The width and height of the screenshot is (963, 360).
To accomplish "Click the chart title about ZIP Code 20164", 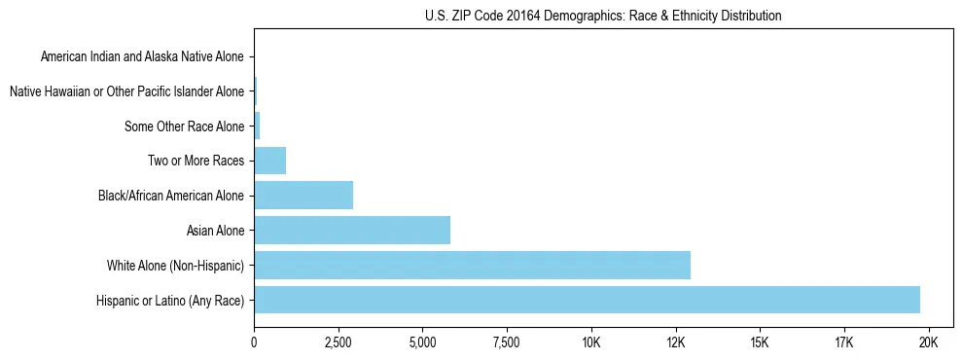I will point(603,16).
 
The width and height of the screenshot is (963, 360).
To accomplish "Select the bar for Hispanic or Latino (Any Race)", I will point(587,300).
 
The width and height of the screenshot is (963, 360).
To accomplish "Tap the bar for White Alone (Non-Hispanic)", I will point(472,265).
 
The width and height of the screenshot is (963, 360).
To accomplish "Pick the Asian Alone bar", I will point(352,230).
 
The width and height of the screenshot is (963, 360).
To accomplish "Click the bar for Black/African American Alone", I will point(303,195).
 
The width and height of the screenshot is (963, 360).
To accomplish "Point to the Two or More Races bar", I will point(269,161).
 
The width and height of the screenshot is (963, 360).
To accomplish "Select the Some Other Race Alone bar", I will point(257,126).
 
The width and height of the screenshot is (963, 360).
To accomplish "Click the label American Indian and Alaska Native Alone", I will point(142,56).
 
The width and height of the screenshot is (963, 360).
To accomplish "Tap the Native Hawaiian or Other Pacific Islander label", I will point(126,91).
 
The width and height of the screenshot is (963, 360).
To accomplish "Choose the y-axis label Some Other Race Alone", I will point(185,126).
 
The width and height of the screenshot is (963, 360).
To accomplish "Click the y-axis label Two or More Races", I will point(196,161).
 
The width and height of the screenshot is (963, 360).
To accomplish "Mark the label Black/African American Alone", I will point(171,196).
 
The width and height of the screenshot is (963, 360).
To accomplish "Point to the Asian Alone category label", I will point(215,231).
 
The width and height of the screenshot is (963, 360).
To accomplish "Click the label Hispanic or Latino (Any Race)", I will point(170,301).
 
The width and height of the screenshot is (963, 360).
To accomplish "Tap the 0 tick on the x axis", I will point(254,342).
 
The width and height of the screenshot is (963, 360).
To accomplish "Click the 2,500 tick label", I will point(338,342).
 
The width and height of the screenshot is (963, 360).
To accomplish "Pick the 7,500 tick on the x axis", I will point(507,342).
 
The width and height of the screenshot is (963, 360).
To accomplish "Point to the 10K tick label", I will point(590,342).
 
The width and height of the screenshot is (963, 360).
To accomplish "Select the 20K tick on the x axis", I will point(928,342).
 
